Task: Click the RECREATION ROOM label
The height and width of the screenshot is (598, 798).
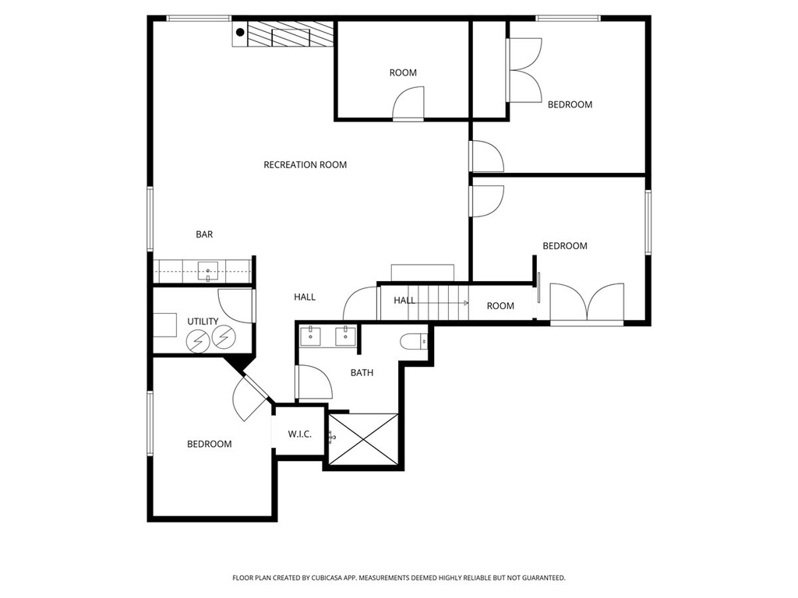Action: (x=305, y=165)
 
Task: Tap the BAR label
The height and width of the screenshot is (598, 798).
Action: (x=204, y=234)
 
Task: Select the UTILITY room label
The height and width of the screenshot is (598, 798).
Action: (x=203, y=322)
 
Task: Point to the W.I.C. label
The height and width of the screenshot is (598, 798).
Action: (x=299, y=434)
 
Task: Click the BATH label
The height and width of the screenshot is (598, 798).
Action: (x=362, y=373)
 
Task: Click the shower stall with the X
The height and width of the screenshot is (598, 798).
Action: (x=363, y=439)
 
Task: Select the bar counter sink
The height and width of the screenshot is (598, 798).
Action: (x=207, y=271)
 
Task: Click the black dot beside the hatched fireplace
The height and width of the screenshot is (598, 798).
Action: (x=240, y=33)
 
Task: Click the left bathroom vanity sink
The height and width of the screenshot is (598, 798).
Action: (x=310, y=336)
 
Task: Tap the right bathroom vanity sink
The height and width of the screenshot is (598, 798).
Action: (x=345, y=336)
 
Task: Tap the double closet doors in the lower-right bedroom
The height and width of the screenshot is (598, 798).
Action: (x=588, y=303)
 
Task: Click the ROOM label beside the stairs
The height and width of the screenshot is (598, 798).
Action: (x=500, y=306)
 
